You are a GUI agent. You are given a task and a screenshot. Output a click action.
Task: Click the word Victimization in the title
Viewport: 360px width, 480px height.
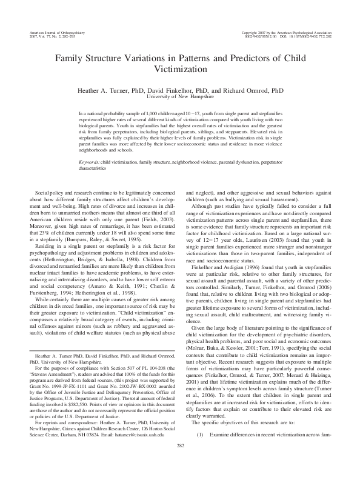pyautogui.click(x=179, y=70)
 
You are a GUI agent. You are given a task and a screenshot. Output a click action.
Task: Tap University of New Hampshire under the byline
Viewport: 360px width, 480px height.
pyautogui.click(x=179, y=96)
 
